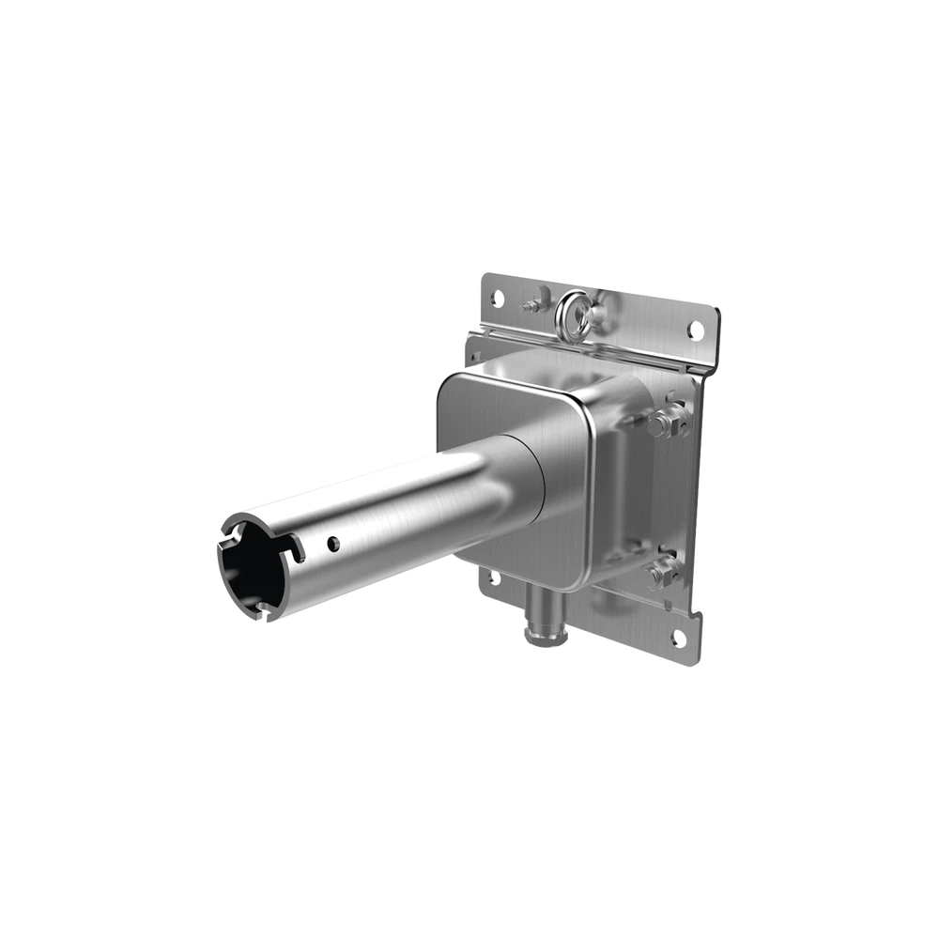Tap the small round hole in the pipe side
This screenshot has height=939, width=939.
(x=332, y=543)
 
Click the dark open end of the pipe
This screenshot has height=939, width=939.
(x=252, y=564)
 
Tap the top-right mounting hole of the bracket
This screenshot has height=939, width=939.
(x=695, y=330)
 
